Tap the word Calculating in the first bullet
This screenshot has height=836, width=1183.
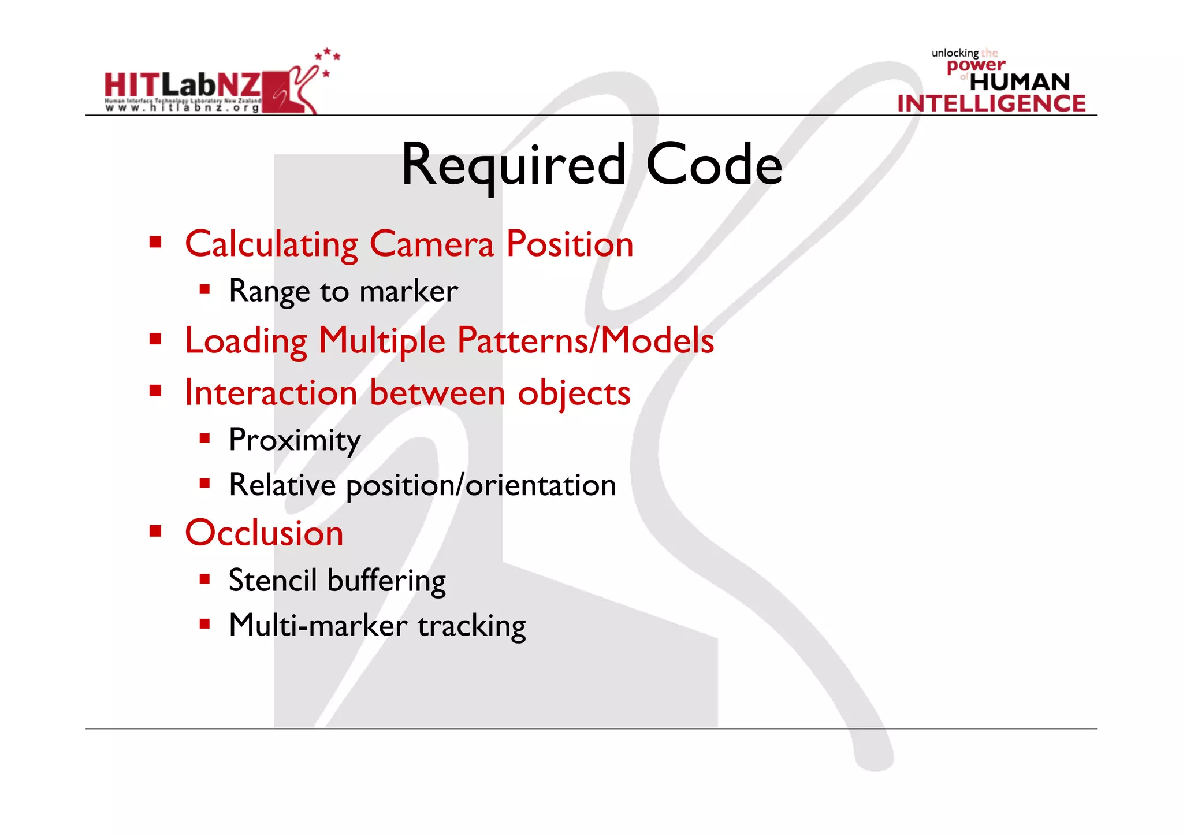point(271,244)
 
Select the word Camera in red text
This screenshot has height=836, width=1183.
point(432,244)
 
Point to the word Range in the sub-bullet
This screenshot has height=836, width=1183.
point(270,292)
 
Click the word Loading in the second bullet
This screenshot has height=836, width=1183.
point(246,341)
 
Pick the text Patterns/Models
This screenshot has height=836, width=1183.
point(586,340)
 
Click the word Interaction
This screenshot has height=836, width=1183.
point(271,393)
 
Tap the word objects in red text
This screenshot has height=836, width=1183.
point(574,393)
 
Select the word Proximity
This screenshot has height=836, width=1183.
point(295,441)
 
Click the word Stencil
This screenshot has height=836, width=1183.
point(273,581)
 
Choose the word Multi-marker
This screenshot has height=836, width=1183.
point(318,626)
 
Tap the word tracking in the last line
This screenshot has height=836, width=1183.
point(472,626)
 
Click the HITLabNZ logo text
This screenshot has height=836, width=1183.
point(183,87)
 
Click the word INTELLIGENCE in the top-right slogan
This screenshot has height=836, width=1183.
point(991,103)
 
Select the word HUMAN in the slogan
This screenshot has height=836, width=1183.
point(1020,82)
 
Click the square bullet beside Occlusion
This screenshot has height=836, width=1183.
point(155,531)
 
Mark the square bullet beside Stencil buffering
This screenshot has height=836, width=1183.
point(204,579)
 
